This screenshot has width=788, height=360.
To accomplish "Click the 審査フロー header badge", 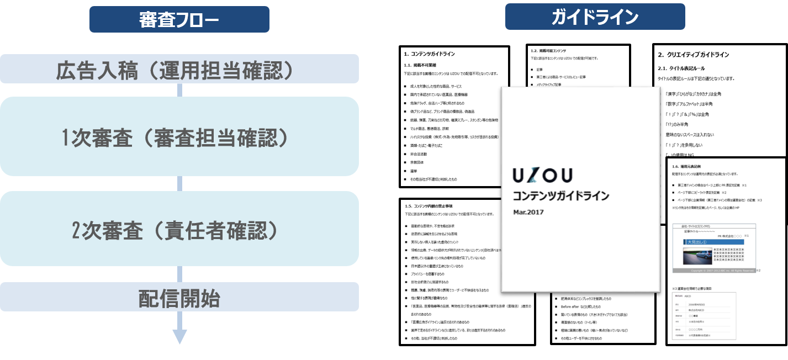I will coord(179,19).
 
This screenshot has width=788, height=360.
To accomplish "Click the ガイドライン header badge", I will coord(595,17).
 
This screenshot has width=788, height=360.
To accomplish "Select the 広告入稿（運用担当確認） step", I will coord(179,70).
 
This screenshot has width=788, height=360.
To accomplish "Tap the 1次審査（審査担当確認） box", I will coord(179,136).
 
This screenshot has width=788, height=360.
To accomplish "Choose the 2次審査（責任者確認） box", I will coord(179,229).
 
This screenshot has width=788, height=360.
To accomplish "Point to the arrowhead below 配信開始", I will coord(179,336).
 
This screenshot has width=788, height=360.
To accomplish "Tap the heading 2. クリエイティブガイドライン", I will coord(693,55).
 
